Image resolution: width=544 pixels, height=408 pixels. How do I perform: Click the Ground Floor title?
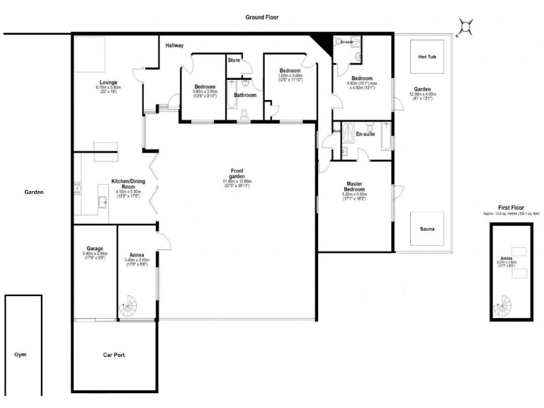pos(264,17)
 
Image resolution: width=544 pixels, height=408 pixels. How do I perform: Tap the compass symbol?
pos(465,28)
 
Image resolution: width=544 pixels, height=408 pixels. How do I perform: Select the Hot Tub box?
pos(427,56)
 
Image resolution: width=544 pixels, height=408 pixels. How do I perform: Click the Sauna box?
pos(427,229)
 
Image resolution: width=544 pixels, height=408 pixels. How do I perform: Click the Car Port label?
pos(110,355)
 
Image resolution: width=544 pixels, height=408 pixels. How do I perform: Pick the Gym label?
pos(20,354)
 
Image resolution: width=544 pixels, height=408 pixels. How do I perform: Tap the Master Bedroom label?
pos(354,186)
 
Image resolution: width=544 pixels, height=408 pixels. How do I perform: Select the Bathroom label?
pos(245,95)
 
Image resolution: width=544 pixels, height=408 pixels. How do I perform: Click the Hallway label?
pos(174,45)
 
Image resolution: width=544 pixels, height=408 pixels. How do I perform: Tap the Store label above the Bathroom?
pos(234,60)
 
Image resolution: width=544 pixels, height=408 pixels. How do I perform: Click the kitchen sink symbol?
pos(103,201)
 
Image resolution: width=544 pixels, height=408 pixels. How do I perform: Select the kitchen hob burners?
pos(77,188)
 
